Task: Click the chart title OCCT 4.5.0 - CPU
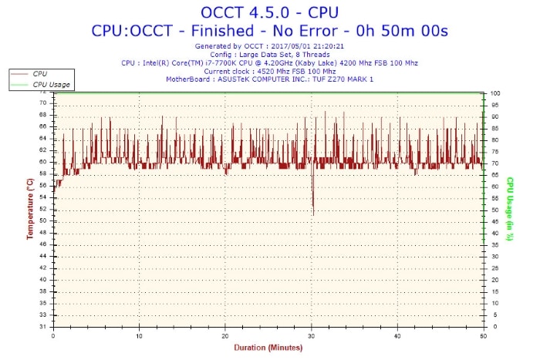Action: pyautogui.click(x=269, y=12)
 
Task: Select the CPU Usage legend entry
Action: pyautogui.click(x=51, y=83)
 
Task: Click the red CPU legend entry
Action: pyautogui.click(x=39, y=73)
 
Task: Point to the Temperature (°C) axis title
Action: pyautogui.click(x=29, y=208)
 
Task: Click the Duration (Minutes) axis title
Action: pyautogui.click(x=269, y=348)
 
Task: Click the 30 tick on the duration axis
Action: pyautogui.click(x=312, y=336)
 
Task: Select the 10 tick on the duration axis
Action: pyautogui.click(x=139, y=336)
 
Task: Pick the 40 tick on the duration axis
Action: pyautogui.click(x=397, y=336)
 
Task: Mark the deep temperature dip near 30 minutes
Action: pyautogui.click(x=313, y=212)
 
